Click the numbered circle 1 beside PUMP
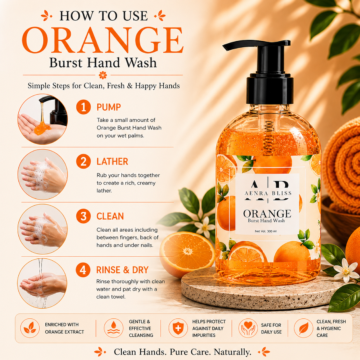coord(83,107)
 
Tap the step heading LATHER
coord(112,162)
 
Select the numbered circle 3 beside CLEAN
coord(83,216)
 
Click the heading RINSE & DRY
coord(122,270)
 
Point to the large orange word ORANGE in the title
coord(103,40)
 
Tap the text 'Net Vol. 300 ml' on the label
coord(266,231)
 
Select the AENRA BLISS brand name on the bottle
coord(268,193)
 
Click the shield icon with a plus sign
coord(178,328)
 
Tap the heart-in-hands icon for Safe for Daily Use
coord(248,328)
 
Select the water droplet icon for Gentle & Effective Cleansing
coord(113,328)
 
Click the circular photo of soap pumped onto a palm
coord(42,119)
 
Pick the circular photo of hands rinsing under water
coord(42,283)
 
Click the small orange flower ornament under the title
coord(103,75)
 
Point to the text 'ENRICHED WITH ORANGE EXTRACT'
coord(65,328)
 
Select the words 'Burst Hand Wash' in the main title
coord(103,63)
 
